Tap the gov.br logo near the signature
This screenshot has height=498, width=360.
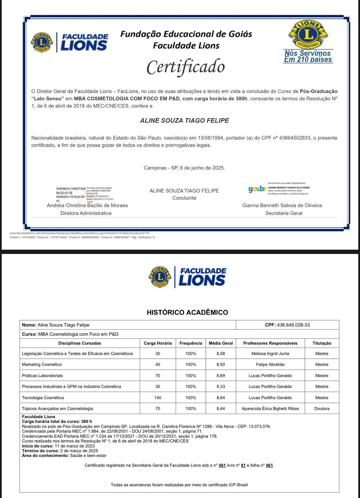[257, 189]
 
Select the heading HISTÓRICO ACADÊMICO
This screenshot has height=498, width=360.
[187, 312]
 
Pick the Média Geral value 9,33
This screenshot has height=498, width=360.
[221, 386]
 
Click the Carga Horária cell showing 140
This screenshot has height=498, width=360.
[158, 397]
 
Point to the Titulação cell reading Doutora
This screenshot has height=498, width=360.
[322, 408]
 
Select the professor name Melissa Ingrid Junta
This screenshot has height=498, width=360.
[270, 353]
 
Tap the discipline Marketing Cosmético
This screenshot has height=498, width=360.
[42, 364]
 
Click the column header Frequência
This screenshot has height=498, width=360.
[191, 343]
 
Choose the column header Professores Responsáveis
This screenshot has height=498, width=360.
[270, 343]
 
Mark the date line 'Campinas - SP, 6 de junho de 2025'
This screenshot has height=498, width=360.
[184, 168]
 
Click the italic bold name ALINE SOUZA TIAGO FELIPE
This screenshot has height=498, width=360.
[184, 120]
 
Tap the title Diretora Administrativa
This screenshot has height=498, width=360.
[86, 213]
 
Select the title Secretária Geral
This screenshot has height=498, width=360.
[284, 213]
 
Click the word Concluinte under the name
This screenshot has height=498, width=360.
[184, 198]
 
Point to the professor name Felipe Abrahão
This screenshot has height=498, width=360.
[270, 364]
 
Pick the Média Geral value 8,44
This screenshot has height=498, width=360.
[221, 408]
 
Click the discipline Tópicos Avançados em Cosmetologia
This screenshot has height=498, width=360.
[57, 408]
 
